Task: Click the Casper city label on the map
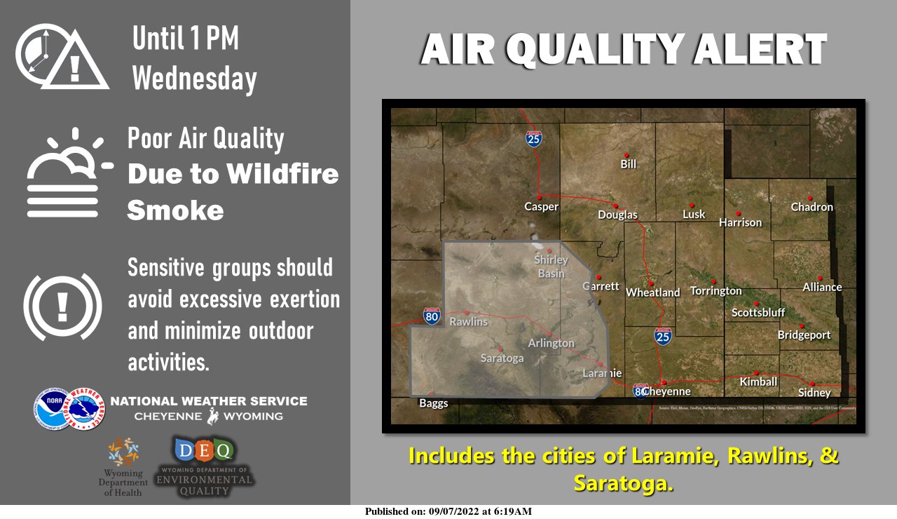click(x=541, y=207)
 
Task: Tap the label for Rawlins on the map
click(x=468, y=322)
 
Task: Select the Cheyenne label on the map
click(x=666, y=391)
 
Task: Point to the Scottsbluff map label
click(x=758, y=313)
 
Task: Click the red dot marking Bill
click(x=627, y=155)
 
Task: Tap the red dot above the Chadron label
click(x=809, y=198)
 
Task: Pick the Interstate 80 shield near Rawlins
click(x=432, y=316)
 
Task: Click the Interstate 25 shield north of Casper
click(x=534, y=139)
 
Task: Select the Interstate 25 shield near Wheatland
click(x=663, y=336)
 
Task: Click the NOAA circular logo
click(x=51, y=408)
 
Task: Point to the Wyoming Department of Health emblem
click(x=123, y=452)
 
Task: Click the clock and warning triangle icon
click(x=62, y=57)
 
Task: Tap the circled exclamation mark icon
click(x=62, y=306)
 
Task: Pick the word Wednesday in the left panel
click(x=194, y=78)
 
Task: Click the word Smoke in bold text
click(x=175, y=210)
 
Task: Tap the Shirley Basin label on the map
click(x=551, y=267)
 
